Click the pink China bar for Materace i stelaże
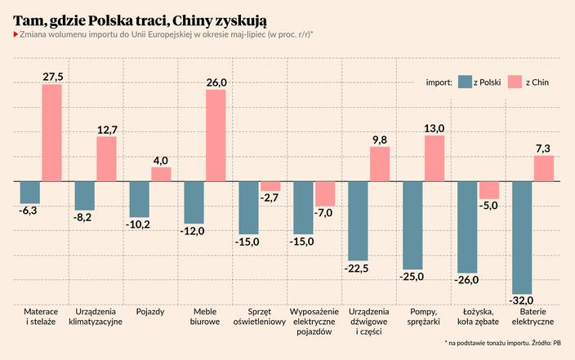(52, 132)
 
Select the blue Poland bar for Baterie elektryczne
(522, 237)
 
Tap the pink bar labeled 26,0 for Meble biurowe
(216, 136)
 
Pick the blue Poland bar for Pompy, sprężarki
(412, 224)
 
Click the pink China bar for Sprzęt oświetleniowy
(270, 185)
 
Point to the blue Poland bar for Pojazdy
(140, 198)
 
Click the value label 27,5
(52, 76)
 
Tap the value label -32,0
(522, 300)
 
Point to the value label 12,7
(107, 129)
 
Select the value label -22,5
(358, 268)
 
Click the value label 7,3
(544, 148)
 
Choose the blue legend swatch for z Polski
(466, 82)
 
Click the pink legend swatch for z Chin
(515, 82)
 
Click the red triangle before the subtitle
(16, 33)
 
